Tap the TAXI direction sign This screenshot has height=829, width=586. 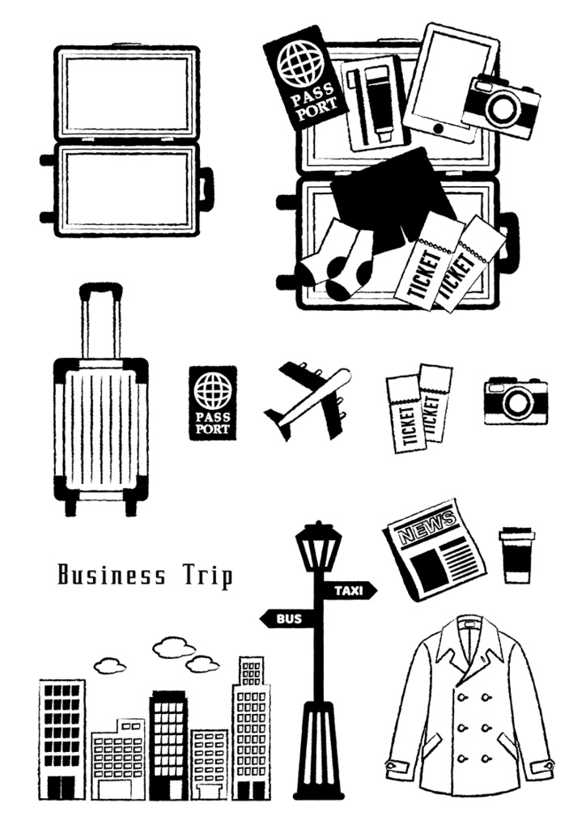tap(348, 590)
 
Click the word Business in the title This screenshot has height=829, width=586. tap(112, 575)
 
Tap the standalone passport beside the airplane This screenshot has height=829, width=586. tap(212, 403)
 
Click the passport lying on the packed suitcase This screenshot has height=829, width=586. tap(305, 77)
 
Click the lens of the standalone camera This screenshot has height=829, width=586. tap(515, 403)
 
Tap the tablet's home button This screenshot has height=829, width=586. tap(439, 128)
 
